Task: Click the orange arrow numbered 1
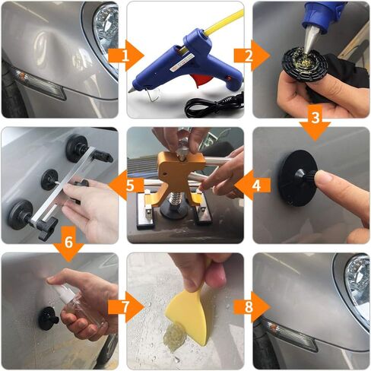[x=126, y=55]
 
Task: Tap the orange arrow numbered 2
[x=252, y=55]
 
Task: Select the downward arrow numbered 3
[x=315, y=122]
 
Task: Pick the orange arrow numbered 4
[x=252, y=185]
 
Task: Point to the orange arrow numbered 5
[x=126, y=185]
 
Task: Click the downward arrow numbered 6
[x=68, y=243]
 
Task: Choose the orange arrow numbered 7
[x=126, y=307]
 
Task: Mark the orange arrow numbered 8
[x=252, y=307]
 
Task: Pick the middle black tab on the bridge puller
[x=49, y=179]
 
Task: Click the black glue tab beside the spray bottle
[x=48, y=319]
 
